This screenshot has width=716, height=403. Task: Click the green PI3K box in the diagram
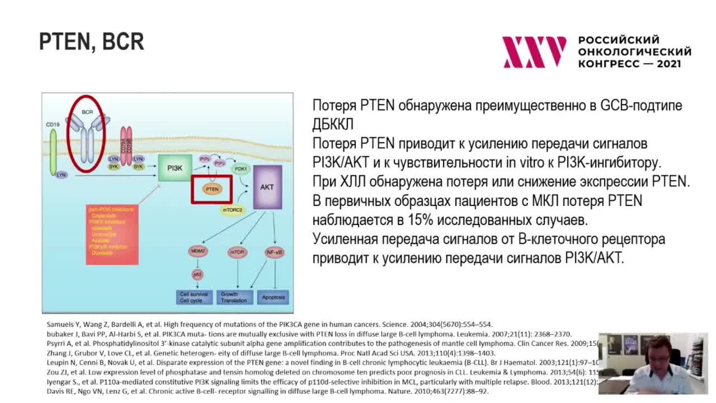click(x=175, y=168)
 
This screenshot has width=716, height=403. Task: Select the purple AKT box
click(x=267, y=187)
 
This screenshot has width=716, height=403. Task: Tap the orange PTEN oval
click(x=212, y=189)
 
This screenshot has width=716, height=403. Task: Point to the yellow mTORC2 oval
click(x=233, y=210)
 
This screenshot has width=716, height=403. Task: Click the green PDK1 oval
click(x=241, y=168)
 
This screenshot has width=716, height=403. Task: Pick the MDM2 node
click(x=197, y=251)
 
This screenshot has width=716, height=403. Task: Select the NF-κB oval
click(x=274, y=252)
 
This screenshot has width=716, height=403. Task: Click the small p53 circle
click(x=197, y=274)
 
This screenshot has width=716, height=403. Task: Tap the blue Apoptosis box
click(x=274, y=297)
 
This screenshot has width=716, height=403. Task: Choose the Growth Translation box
click(x=234, y=297)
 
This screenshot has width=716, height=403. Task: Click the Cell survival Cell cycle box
click(x=194, y=297)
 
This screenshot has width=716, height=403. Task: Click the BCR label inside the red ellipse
click(x=87, y=112)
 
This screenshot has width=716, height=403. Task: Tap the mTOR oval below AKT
click(x=237, y=252)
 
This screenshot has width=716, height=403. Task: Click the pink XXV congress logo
click(x=534, y=52)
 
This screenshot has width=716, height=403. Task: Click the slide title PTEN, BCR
click(x=92, y=42)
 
